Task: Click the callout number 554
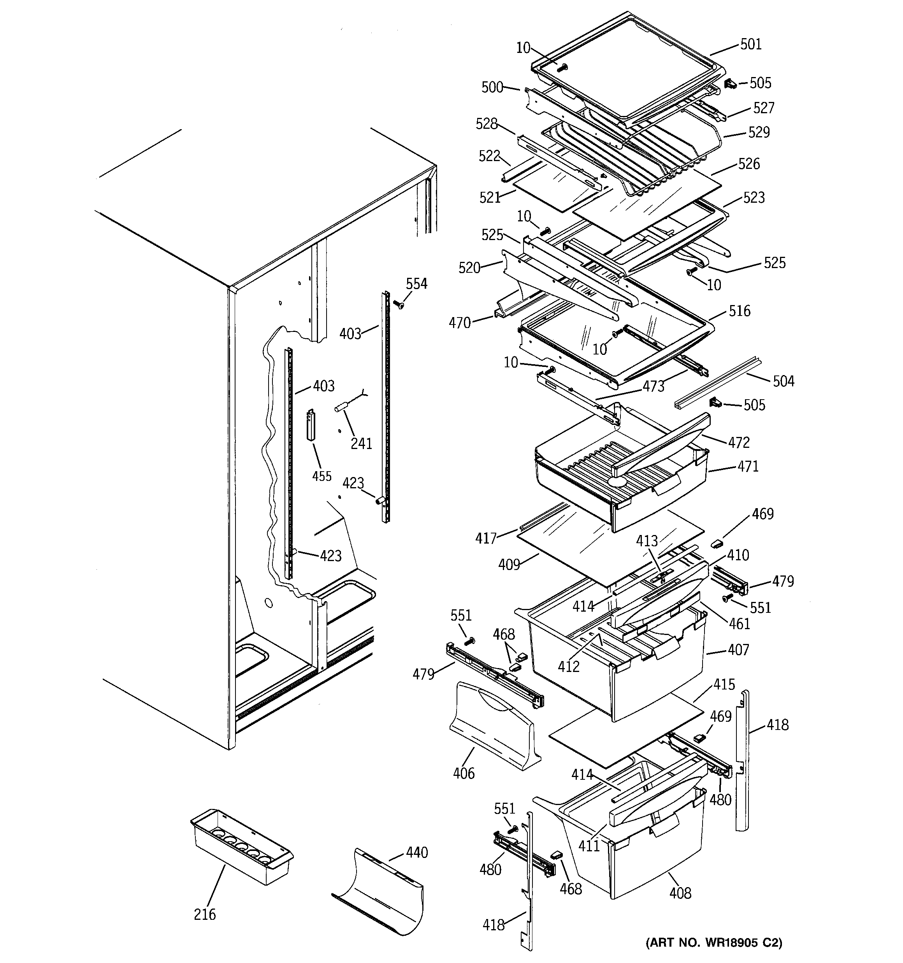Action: pos(416,284)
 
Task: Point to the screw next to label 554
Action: pos(399,305)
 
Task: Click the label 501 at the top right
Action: pos(751,45)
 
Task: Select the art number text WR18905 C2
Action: pos(714,943)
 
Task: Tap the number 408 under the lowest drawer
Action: pos(680,893)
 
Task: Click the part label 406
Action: pos(464,774)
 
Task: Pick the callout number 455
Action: pos(322,476)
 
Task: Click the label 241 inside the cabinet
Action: pos(361,443)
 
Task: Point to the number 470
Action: pos(460,323)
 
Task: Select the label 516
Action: pos(740,311)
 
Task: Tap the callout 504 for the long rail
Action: pos(783,381)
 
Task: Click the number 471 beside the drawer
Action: pos(748,467)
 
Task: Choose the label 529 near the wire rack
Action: pos(759,132)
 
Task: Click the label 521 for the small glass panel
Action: pos(490,198)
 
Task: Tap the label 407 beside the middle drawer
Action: pos(738,650)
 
